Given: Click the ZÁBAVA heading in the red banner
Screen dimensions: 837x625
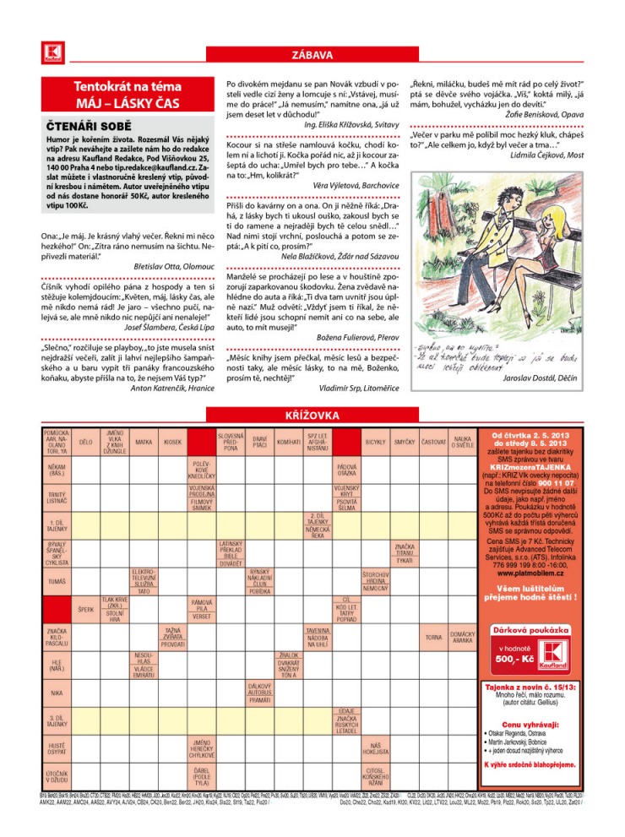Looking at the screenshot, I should pos(312,56).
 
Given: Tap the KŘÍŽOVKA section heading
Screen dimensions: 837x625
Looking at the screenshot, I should pos(312,415).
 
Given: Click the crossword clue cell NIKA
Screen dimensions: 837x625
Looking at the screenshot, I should pos(57,693).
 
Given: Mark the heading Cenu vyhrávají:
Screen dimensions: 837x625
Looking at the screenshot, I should pos(530,725).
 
